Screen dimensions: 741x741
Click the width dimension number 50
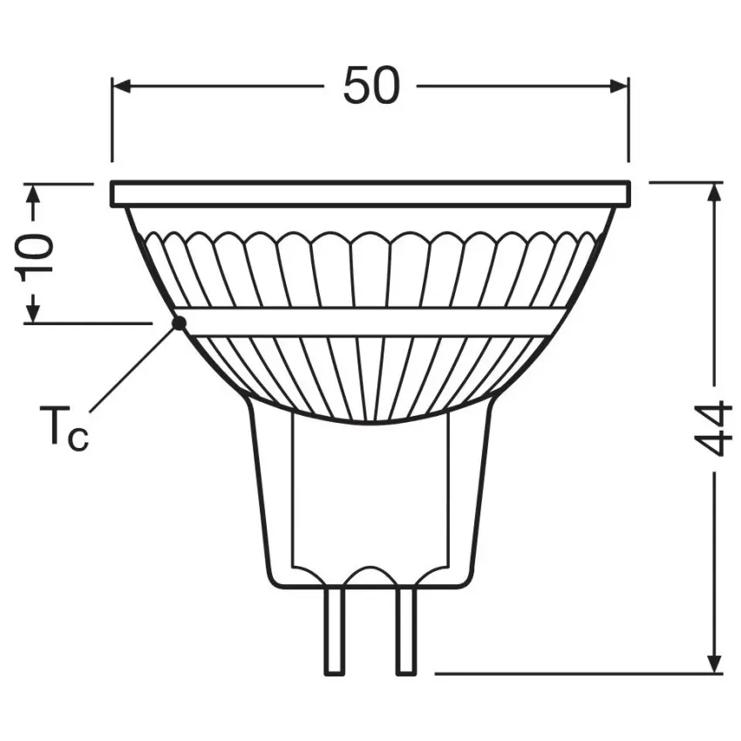(x=370, y=85)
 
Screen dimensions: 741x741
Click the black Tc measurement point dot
(x=180, y=323)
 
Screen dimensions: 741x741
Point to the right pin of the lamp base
(x=405, y=629)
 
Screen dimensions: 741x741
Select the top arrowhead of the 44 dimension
(x=715, y=193)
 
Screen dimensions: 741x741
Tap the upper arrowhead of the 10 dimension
(x=34, y=194)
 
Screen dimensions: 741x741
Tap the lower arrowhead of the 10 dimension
(x=34, y=312)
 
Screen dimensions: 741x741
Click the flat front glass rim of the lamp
(x=370, y=194)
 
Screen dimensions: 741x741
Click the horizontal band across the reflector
(x=370, y=322)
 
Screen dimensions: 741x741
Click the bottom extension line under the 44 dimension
(x=575, y=673)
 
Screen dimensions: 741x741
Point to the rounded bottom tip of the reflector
(x=370, y=420)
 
